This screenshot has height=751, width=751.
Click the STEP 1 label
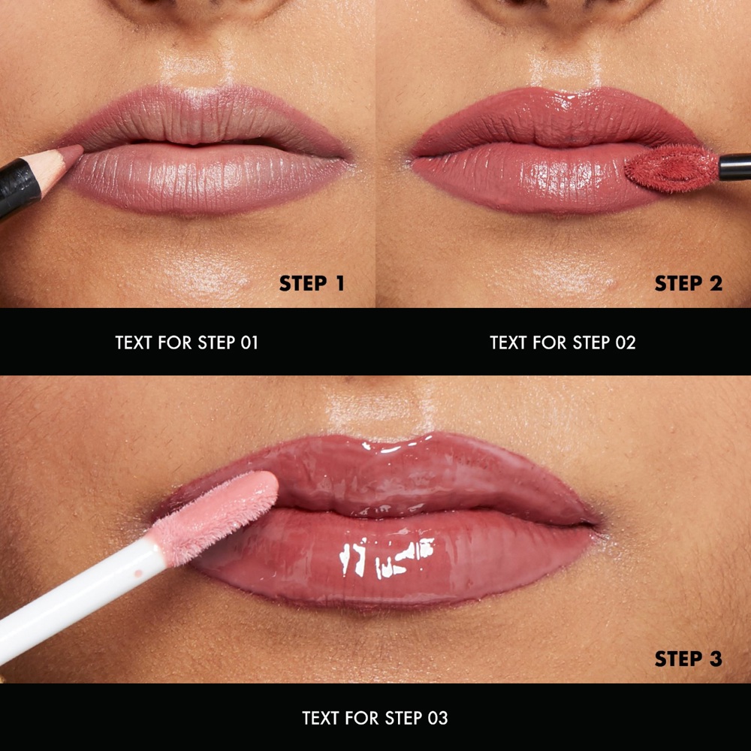312,284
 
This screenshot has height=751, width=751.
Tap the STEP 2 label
688,284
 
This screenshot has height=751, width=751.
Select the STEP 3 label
688,659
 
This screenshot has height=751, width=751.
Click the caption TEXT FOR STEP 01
187,343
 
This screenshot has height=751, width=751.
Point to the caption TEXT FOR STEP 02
562,343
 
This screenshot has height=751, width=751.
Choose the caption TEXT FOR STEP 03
375,719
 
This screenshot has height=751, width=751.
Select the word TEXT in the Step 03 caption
321,719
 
